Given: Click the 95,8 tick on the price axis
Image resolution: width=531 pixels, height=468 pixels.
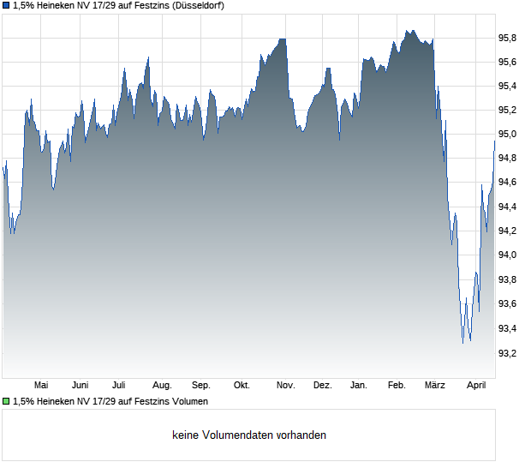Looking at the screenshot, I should point(509,38).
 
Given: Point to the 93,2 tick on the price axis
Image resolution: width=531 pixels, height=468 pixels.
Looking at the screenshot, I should point(509,353).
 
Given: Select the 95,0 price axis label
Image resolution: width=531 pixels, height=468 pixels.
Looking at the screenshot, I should point(509,135).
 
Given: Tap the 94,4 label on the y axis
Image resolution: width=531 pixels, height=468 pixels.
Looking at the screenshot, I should point(509,207).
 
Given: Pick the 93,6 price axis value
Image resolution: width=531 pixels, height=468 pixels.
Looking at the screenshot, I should point(509,304).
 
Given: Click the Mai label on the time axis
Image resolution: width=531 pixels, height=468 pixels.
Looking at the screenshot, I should point(40,386).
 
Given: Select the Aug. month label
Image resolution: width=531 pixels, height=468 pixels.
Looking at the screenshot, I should point(162,386).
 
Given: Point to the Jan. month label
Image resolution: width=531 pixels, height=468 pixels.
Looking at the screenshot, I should point(359,386).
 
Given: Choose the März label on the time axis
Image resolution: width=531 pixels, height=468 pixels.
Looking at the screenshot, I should point(435,386).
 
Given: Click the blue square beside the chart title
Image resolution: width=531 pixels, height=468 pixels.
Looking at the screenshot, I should point(6,5).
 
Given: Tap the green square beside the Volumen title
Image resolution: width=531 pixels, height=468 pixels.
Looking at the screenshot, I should point(6,401).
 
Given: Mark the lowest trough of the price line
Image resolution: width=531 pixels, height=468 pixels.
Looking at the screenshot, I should point(462,343).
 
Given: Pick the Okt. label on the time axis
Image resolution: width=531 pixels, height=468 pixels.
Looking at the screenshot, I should point(242,386).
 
